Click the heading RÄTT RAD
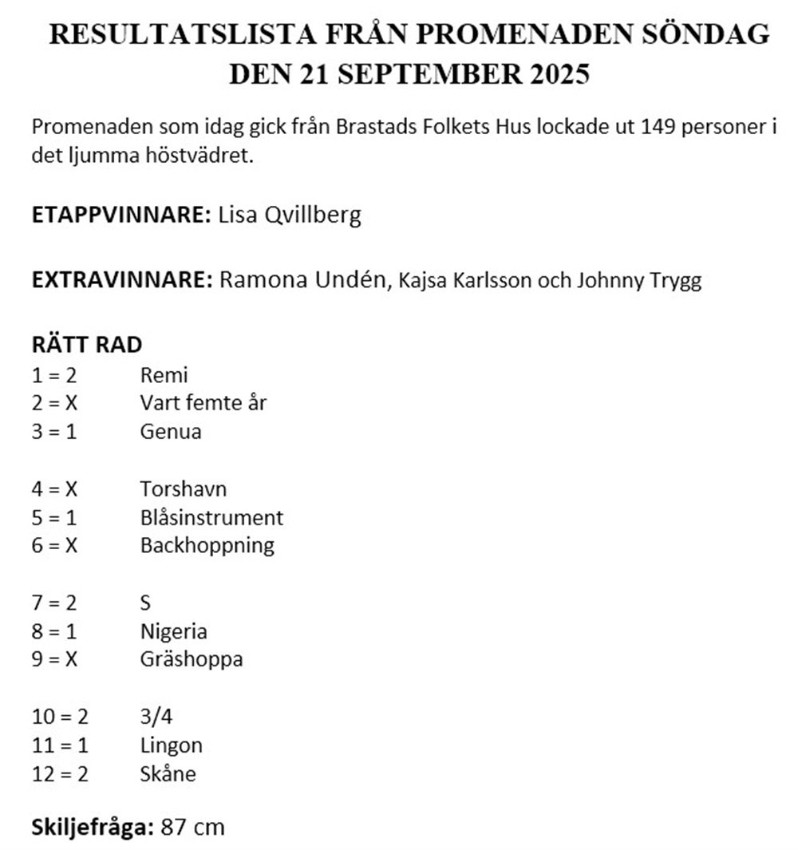[x=87, y=345]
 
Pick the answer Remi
[x=164, y=374]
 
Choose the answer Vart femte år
[x=203, y=403]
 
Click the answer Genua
[x=171, y=432]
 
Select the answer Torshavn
[x=183, y=488]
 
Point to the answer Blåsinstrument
[x=211, y=517]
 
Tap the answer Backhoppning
[x=207, y=546]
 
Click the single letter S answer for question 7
[x=145, y=603]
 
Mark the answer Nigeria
[x=173, y=631]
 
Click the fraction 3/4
[x=156, y=717]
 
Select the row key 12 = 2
[x=60, y=774]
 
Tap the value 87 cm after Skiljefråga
[x=192, y=827]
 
